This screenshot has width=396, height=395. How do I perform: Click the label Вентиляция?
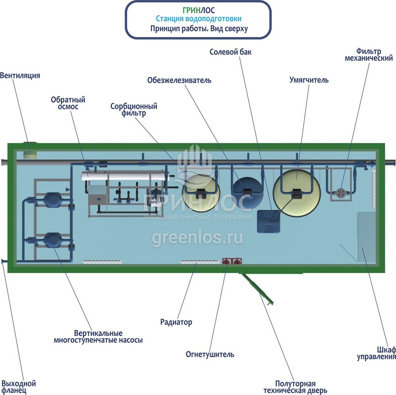pos(20,76)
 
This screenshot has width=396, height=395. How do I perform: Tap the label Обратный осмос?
pos(68,103)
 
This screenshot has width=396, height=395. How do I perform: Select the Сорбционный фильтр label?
pos(134,110)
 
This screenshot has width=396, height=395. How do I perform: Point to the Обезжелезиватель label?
pos(179,80)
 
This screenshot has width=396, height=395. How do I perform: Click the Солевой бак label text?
pos(230,52)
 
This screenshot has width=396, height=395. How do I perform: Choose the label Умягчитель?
pos(309,80)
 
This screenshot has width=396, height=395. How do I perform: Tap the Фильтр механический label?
pos(369,55)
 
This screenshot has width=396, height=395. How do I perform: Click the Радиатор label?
pos(176,322)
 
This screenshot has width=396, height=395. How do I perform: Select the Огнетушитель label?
pos(210,354)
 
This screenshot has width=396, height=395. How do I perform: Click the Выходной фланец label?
pos(18,387)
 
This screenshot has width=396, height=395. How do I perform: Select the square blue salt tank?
pos(269,221)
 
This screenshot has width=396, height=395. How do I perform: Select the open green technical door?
pos(257,289)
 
